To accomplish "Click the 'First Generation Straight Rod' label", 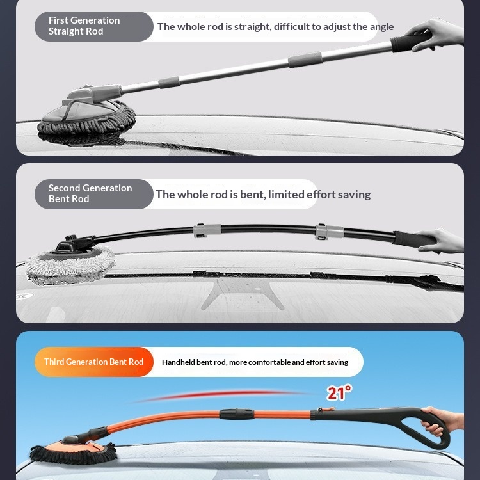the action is coord(84,26).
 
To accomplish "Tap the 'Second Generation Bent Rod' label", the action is coord(90,193).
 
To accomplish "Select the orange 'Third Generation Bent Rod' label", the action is coord(93,362).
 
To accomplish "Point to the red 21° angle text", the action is coord(339,392).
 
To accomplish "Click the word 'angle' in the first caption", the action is coord(381,28).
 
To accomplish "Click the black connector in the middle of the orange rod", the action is coord(236,414).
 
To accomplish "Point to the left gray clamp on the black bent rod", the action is coord(207,230).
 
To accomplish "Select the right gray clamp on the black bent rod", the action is coord(329,232).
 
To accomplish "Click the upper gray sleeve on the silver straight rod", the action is coord(305,60).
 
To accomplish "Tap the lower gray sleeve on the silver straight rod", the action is coord(169,82).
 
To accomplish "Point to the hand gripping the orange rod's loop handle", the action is coord(441,420).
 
